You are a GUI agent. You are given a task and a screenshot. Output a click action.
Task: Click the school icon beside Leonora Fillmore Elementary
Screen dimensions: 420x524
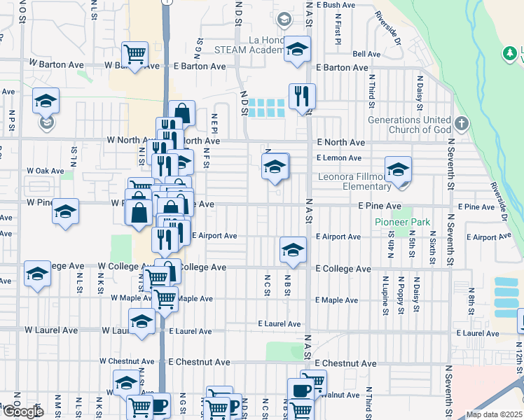[x=398, y=169]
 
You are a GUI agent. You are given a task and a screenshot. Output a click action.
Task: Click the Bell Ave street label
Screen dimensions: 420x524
[x=367, y=54]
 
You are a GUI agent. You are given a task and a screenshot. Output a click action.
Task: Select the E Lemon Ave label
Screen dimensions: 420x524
[x=339, y=158]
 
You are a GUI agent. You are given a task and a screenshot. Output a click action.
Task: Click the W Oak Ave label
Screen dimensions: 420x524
[x=46, y=171]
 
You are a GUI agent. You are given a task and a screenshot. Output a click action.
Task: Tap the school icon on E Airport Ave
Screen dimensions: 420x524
[x=293, y=249]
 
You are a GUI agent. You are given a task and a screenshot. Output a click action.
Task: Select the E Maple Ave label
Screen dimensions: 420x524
[x=336, y=300]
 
